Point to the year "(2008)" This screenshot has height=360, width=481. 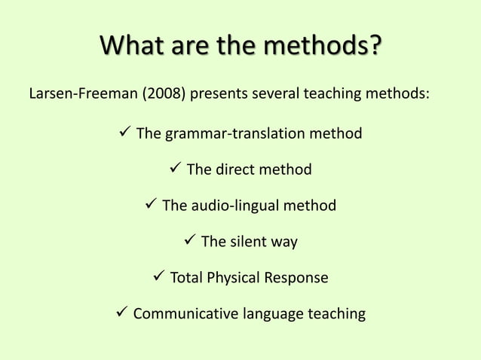163,97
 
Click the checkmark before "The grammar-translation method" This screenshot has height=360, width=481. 124,133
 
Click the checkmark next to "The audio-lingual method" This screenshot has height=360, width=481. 150,205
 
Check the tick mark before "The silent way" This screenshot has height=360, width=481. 189,241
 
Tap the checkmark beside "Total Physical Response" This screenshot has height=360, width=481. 158,277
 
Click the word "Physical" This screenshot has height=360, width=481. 234,278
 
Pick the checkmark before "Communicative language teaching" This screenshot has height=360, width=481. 121,313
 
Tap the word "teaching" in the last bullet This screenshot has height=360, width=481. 336,314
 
